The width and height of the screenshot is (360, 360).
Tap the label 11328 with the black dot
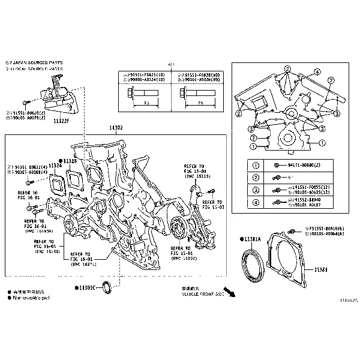[x=70, y=161]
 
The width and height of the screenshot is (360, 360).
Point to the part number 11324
[x=55, y=164]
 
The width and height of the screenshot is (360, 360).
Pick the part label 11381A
[x=251, y=239]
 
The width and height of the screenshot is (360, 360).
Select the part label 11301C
[x=84, y=288]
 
